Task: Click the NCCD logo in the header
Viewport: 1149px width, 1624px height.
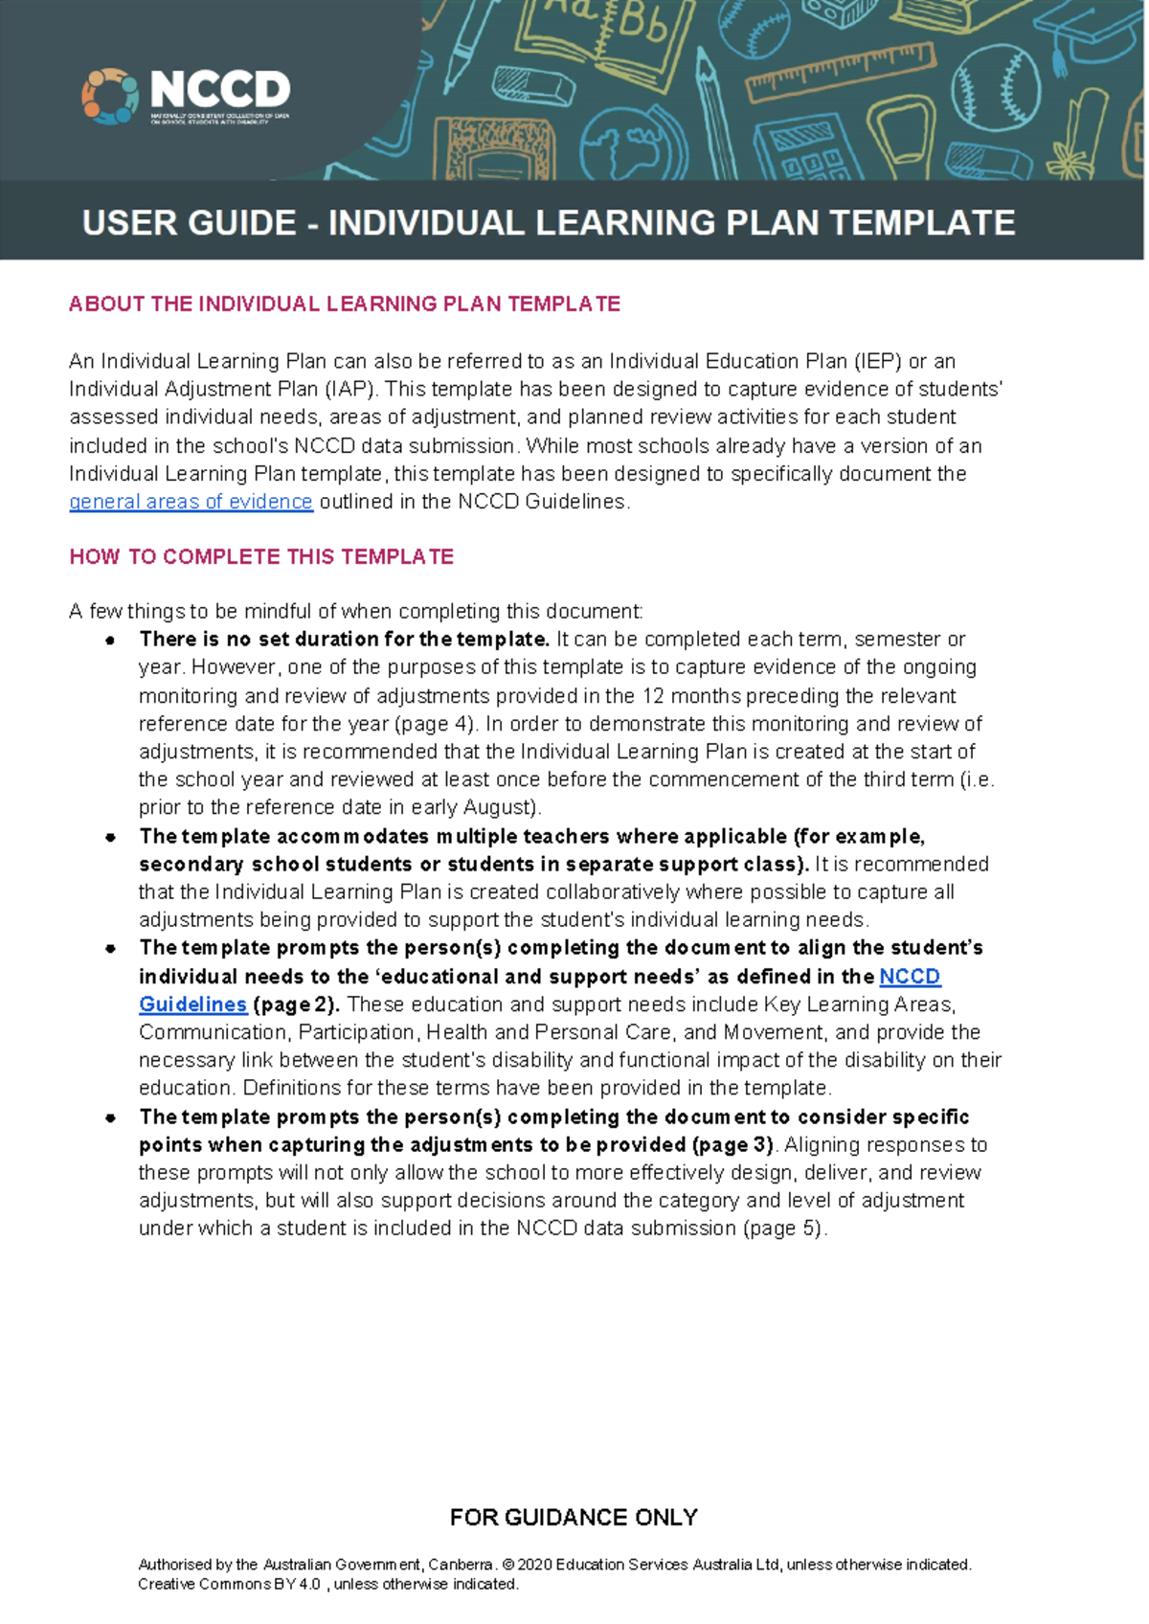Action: click(187, 96)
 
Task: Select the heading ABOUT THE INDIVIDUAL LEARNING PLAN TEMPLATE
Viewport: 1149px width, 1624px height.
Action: click(345, 304)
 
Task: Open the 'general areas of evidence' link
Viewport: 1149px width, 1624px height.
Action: click(191, 502)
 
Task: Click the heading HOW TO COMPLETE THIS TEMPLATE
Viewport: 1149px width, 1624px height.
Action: click(261, 557)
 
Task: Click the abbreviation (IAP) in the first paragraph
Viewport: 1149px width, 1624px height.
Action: click(351, 390)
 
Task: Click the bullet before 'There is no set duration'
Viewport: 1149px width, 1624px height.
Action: click(112, 640)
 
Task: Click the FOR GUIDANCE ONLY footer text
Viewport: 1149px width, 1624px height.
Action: click(574, 1518)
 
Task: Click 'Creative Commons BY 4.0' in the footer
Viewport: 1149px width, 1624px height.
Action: click(229, 1585)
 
